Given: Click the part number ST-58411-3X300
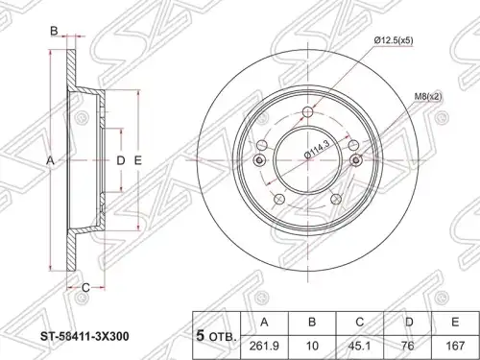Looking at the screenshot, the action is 84,336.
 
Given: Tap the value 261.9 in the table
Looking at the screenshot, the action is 264,346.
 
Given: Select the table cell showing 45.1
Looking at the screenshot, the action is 360,346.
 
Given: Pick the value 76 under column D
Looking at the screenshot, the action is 408,346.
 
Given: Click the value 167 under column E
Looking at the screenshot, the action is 455,346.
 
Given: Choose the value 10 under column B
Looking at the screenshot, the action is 312,346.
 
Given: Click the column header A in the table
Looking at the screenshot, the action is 264,323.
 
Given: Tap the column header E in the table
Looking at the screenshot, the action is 455,323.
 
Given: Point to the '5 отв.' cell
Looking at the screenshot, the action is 217,335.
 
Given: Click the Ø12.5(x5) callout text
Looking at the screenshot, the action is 394,40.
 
